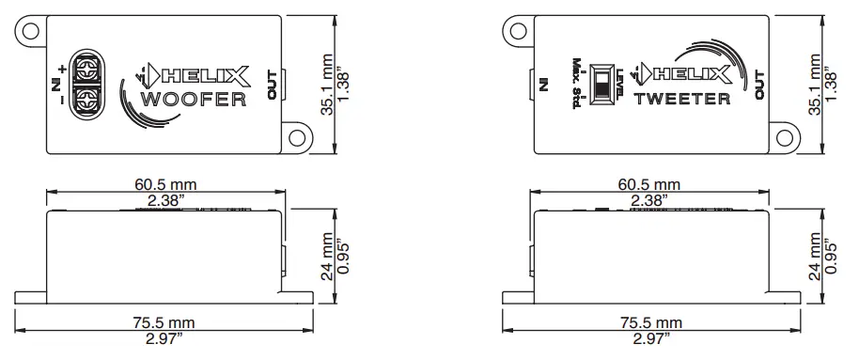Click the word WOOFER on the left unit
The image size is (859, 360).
click(193, 100)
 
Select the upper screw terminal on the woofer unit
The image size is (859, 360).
click(86, 68)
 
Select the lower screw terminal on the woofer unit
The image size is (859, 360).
click(86, 96)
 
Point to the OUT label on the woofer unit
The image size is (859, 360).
click(273, 84)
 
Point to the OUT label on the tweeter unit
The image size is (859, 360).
click(760, 84)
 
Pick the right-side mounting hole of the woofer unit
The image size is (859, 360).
click(298, 137)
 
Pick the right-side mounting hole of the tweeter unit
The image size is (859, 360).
click(785, 137)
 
